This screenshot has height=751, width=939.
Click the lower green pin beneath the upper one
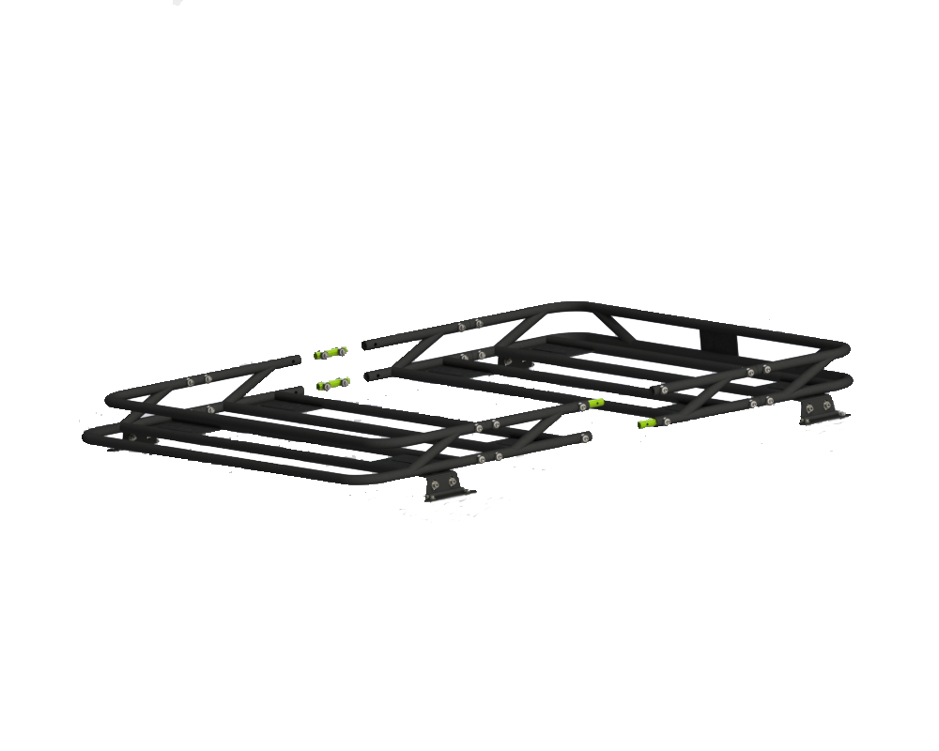(x=329, y=383)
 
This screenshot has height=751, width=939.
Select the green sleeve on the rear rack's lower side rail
(x=648, y=422)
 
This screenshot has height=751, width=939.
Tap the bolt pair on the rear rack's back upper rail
(x=469, y=325)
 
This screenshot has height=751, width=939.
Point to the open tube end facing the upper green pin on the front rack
(x=310, y=360)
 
